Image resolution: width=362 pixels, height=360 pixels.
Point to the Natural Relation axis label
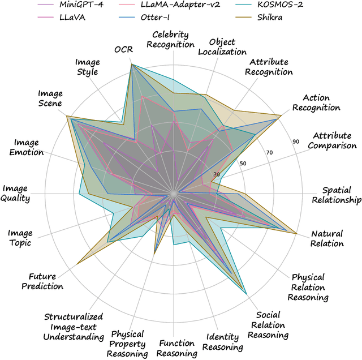[327, 238]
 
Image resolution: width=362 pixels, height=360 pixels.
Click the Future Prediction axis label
[46, 281]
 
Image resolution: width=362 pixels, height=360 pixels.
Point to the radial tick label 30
[216, 175]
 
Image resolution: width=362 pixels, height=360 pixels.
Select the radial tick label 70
[269, 152]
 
